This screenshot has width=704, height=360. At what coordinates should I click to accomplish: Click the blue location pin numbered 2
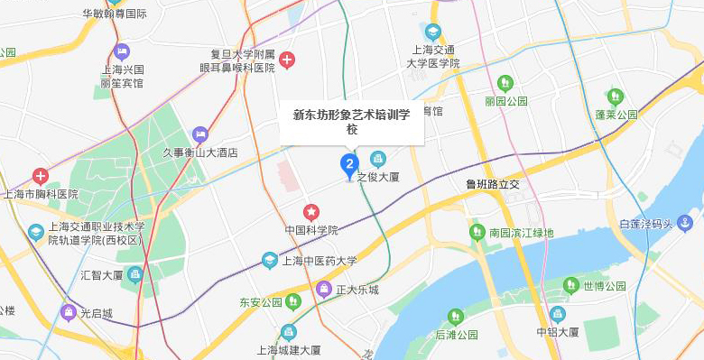click(x=348, y=165)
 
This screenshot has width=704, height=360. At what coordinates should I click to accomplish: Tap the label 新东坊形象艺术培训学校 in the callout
click(x=352, y=122)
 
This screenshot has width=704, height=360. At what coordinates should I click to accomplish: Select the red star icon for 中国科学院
click(x=311, y=212)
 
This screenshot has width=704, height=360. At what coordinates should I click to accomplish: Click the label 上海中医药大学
click(x=320, y=262)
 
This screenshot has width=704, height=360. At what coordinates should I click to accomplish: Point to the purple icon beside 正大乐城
click(x=324, y=290)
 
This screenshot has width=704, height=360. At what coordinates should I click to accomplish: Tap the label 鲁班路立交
click(x=493, y=185)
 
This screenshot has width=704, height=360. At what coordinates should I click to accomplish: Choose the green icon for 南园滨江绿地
click(x=477, y=233)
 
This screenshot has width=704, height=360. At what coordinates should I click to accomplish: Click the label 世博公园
click(x=605, y=287)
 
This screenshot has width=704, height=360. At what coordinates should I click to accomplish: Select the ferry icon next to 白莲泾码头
click(x=686, y=223)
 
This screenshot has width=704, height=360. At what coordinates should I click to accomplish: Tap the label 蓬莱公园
click(x=616, y=115)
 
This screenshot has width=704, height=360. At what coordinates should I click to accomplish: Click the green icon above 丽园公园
click(x=505, y=84)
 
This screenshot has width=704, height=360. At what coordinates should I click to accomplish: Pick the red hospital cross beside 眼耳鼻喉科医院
click(x=287, y=60)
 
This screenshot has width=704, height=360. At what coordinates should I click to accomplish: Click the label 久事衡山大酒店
click(x=199, y=153)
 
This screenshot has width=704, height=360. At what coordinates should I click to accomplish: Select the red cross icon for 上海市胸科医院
click(x=41, y=176)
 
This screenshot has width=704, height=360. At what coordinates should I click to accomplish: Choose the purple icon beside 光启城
click(x=68, y=313)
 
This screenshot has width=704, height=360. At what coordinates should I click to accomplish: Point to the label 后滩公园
click(x=456, y=335)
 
